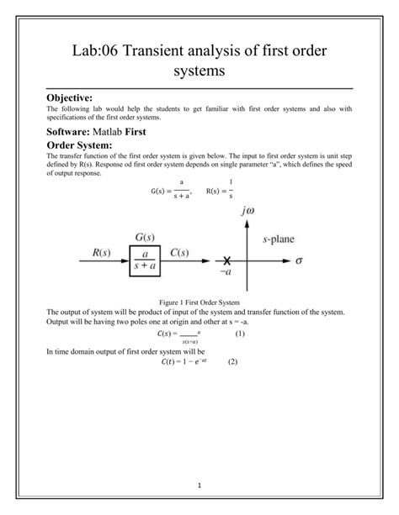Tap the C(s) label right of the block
point(184,252)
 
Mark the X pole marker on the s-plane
point(226,261)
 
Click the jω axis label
point(247,212)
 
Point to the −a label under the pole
point(225,274)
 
